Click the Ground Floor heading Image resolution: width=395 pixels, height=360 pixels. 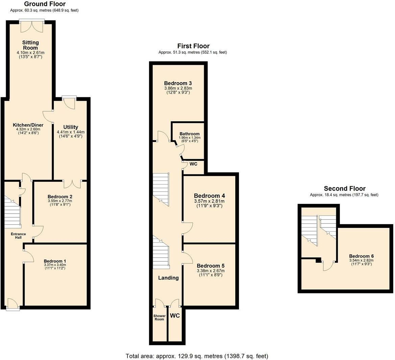tap(45, 4)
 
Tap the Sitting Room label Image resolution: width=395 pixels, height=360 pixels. tap(30, 45)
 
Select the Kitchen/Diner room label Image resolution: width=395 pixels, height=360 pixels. tap(28, 125)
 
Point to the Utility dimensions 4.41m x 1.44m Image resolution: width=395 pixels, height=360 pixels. tap(71, 132)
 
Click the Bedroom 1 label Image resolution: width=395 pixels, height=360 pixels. tap(55, 261)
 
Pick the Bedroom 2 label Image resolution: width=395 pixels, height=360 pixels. tap(58, 196)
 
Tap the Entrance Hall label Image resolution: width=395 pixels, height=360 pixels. tap(18, 236)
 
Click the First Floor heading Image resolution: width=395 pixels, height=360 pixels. tap(193, 46)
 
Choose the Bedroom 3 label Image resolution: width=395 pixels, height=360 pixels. tap(178, 83)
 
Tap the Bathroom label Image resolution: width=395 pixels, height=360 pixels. tap(190, 134)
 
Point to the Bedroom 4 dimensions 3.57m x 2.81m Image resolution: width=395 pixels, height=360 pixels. tap(209, 201)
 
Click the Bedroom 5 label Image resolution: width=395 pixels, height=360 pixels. tap(211, 266)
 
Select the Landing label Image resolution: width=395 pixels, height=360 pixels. tap(168, 278)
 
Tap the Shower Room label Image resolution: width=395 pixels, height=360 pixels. tap(159, 317)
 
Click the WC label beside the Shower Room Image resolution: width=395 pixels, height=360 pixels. tap(175, 315)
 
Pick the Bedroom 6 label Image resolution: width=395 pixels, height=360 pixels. tap(361, 256)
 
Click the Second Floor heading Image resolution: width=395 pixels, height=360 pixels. tap(344, 188)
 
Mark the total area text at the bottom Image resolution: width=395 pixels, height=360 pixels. tap(197, 356)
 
